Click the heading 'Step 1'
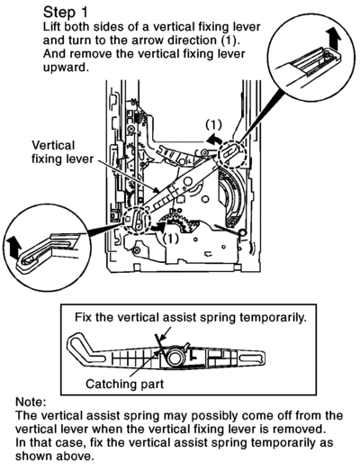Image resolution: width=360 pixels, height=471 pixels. [x=66, y=13]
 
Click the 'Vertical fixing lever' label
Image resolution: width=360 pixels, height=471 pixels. [x=62, y=152]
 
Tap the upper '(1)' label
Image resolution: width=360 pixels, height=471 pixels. [x=214, y=125]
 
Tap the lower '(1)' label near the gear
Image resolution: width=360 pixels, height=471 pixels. [x=170, y=239]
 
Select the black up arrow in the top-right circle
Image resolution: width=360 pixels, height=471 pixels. [x=334, y=38]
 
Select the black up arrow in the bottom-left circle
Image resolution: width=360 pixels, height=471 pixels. [x=13, y=247]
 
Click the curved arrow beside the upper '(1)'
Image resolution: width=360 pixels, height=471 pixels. [x=214, y=140]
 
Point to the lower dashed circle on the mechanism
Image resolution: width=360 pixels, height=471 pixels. [x=137, y=219]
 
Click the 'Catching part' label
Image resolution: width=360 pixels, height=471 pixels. [x=125, y=384]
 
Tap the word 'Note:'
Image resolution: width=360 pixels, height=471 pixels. [x=31, y=403]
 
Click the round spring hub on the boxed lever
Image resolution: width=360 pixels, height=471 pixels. [x=174, y=357]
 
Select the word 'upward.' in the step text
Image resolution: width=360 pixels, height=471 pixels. [x=67, y=68]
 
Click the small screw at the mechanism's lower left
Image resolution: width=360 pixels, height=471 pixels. [x=137, y=249]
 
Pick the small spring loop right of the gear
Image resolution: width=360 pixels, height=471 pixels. [x=242, y=231]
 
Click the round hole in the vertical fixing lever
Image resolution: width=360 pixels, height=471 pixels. [x=188, y=180]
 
